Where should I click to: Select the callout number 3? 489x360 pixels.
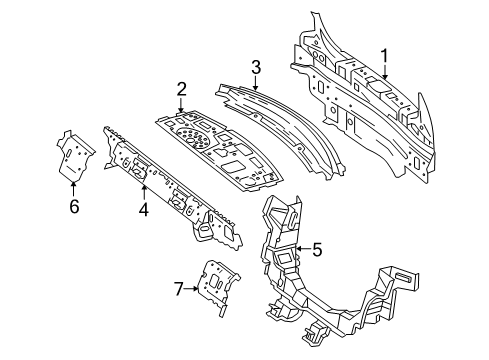coord(255,68)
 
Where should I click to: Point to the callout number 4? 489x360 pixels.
coord(144,210)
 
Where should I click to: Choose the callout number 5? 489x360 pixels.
coord(317,249)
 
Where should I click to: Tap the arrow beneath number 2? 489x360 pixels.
coord(182,105)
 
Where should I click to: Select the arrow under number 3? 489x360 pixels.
coord(255,82)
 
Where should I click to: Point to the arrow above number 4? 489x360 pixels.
coord(144,194)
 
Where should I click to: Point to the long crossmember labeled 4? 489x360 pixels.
coord(170,180)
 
